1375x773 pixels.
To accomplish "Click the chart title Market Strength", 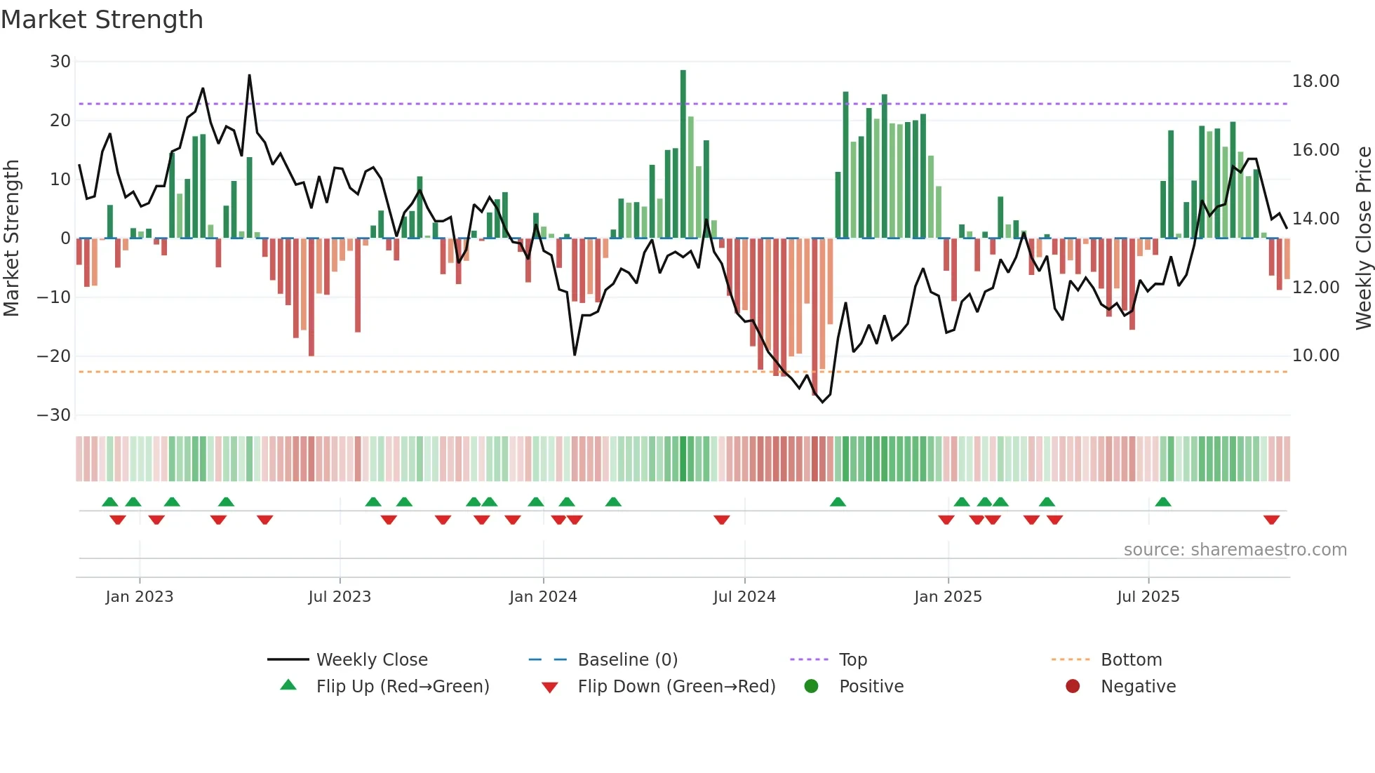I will coord(102,20).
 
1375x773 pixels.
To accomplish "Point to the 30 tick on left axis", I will coord(60,62).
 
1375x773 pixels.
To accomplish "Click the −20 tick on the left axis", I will coord(54,356).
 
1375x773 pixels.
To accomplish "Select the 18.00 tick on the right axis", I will coord(1315,81).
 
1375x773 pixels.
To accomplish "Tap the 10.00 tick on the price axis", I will coord(1315,356).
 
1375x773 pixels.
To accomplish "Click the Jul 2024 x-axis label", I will coord(744,597).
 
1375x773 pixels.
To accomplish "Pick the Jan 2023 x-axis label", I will coord(139,597).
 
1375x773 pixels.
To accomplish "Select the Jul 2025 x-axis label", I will coord(1148,597).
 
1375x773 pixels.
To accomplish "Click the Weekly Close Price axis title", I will coord(1363,238).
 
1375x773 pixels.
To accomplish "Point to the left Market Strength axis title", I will coord(11,238).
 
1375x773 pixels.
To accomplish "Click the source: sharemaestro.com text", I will coord(1235,550).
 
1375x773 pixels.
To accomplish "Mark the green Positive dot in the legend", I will coord(812,687).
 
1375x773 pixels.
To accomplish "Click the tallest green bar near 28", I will coord(683,154).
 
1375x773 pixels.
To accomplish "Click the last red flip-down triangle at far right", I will coord(1271,520).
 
